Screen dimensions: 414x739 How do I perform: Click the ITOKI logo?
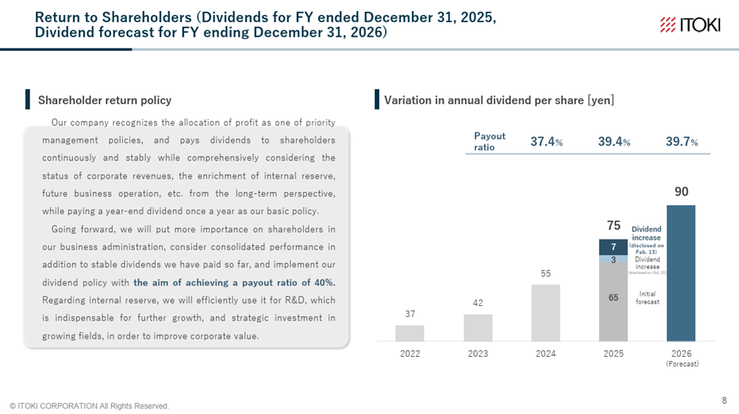[x=690, y=25]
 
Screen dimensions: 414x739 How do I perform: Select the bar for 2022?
[x=410, y=333]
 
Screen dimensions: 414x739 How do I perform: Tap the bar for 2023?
[x=478, y=327]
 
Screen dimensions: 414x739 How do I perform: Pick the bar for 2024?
[x=545, y=312]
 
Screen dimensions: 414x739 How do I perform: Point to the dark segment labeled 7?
[x=614, y=247]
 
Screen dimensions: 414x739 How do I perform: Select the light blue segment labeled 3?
[x=614, y=259]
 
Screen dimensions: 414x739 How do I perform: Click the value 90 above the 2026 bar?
[x=681, y=192]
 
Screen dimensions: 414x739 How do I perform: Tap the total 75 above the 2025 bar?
[x=614, y=226]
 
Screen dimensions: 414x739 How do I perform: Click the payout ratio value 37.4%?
[x=547, y=141]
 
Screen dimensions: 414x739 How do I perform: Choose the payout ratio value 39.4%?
[x=614, y=141]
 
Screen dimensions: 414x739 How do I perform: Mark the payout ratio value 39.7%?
[x=682, y=141]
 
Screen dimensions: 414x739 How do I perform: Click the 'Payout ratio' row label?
[x=489, y=141]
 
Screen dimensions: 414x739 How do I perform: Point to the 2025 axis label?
[x=614, y=354]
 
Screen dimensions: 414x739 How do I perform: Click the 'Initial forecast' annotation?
[x=647, y=297]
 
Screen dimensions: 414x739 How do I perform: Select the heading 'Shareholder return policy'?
[x=105, y=100]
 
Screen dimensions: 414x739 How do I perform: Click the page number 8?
[x=723, y=399]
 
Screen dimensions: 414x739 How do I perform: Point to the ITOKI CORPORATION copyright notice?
[x=89, y=406]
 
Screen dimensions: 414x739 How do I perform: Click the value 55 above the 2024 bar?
[x=545, y=273]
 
